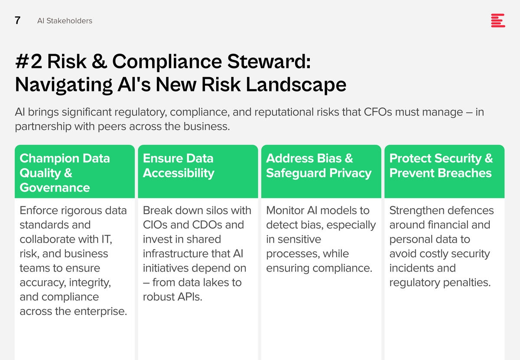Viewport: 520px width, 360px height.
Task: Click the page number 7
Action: (x=17, y=20)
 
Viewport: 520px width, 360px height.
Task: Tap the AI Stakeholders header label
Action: (x=65, y=21)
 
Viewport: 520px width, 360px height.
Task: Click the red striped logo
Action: (x=498, y=20)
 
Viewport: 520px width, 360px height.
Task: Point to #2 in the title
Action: (x=29, y=62)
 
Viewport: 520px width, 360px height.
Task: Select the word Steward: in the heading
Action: (x=269, y=62)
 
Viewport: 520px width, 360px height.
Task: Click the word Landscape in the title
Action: (x=296, y=84)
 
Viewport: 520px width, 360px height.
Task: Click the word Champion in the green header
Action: (x=49, y=159)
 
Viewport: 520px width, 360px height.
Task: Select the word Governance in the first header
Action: (x=55, y=188)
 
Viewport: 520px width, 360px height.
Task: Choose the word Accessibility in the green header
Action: (x=179, y=173)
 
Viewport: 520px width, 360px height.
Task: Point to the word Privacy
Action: (x=350, y=173)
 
